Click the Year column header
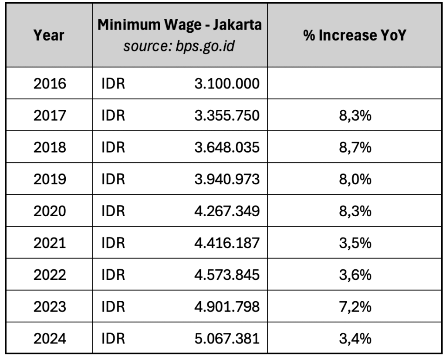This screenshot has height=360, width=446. pyautogui.click(x=49, y=35)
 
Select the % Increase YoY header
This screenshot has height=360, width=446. pyautogui.click(x=355, y=35)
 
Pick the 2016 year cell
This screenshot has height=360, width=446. pyautogui.click(x=50, y=83)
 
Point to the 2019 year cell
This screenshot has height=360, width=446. pyautogui.click(x=50, y=179)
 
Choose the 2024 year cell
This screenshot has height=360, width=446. pyautogui.click(x=50, y=338)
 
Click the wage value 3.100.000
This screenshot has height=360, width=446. pyautogui.click(x=227, y=83)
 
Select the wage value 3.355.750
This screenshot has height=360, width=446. pyautogui.click(x=227, y=115)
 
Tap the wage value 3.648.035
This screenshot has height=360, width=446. pyautogui.click(x=227, y=147)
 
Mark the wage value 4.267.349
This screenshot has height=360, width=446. pyautogui.click(x=227, y=211)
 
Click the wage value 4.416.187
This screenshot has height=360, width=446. pyautogui.click(x=227, y=243)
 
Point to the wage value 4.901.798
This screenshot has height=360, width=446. pyautogui.click(x=227, y=306)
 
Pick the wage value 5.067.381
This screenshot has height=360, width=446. pyautogui.click(x=227, y=338)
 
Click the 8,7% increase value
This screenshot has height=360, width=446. pyautogui.click(x=355, y=147)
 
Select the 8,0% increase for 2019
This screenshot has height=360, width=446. pyautogui.click(x=355, y=179)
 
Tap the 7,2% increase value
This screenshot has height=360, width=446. pyautogui.click(x=355, y=306)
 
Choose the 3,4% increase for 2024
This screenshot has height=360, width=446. pyautogui.click(x=355, y=338)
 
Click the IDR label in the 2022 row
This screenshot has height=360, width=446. pyautogui.click(x=113, y=275)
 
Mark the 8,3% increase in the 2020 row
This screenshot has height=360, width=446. pyautogui.click(x=355, y=211)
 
